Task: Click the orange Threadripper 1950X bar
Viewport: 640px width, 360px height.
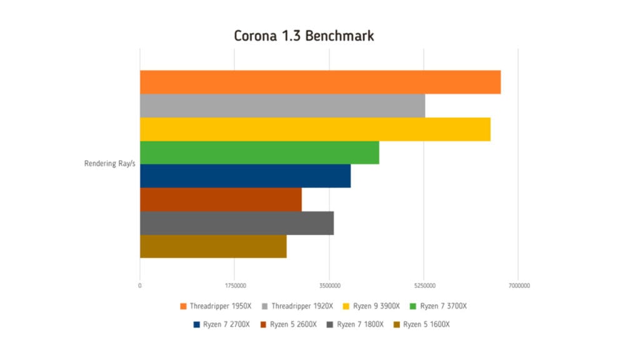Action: (x=320, y=82)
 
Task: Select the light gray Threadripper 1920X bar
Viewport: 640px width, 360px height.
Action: (x=282, y=106)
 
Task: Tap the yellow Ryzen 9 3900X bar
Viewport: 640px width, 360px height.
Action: (x=315, y=129)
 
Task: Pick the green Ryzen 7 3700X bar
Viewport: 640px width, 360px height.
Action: (x=259, y=152)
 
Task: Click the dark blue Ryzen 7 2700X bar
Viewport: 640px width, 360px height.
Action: (x=245, y=176)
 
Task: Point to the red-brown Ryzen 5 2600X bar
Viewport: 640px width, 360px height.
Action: (x=221, y=199)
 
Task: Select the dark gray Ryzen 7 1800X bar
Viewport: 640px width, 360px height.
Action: (x=237, y=223)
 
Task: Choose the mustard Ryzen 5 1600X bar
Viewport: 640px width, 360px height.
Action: (x=213, y=246)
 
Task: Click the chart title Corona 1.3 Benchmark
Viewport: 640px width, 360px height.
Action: (x=304, y=36)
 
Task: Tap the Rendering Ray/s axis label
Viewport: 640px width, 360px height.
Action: (x=110, y=164)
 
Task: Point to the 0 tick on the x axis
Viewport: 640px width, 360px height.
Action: (x=140, y=286)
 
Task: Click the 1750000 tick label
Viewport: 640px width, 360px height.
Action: (x=234, y=286)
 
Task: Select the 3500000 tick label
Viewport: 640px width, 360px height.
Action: (x=329, y=286)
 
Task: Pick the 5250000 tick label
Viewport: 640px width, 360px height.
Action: (x=424, y=286)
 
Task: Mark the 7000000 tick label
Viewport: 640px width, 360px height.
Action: (x=519, y=286)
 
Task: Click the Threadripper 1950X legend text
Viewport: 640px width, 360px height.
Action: (x=221, y=306)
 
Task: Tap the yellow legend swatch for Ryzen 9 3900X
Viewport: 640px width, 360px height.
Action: (x=346, y=306)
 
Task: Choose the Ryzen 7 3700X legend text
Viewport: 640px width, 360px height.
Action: (x=443, y=306)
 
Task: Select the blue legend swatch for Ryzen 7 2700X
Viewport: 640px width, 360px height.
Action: (x=197, y=324)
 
